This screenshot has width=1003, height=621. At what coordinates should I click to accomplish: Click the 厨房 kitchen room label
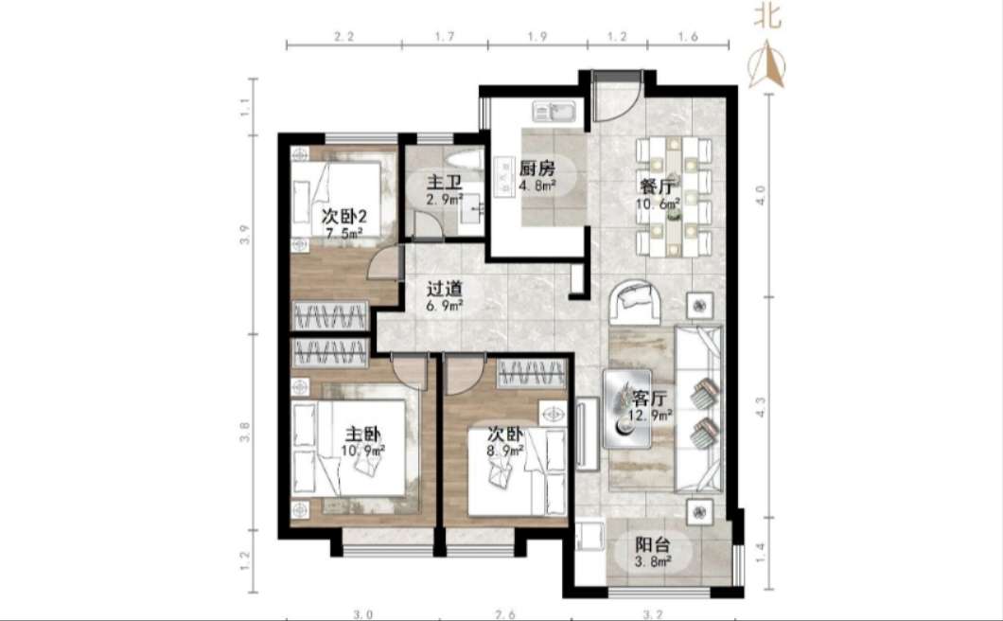click(x=537, y=169)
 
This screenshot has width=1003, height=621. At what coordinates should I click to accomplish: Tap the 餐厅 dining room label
click(x=657, y=187)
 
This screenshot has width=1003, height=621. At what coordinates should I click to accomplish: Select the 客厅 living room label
click(x=649, y=399)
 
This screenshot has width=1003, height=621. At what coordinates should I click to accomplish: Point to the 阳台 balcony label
click(x=653, y=545)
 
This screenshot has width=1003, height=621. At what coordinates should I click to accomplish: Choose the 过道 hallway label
click(x=445, y=290)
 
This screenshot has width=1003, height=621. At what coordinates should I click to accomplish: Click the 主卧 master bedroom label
click(x=362, y=435)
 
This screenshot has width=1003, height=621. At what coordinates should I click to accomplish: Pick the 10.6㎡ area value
click(x=658, y=204)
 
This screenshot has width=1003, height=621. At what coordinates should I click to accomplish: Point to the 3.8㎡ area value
click(x=653, y=561)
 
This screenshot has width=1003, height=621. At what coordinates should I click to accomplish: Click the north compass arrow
click(x=767, y=64)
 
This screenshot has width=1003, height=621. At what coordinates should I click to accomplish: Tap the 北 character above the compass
click(x=767, y=15)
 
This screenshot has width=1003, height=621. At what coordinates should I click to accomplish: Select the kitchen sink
click(x=555, y=113)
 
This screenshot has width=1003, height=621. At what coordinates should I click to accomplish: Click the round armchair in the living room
click(x=636, y=302)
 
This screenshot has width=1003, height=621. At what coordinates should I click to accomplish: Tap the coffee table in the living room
click(x=626, y=408)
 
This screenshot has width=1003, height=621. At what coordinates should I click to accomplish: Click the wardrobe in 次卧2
click(x=330, y=315)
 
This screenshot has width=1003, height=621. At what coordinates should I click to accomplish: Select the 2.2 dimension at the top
click(x=344, y=37)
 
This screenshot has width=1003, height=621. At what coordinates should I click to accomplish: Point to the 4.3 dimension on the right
click(x=760, y=406)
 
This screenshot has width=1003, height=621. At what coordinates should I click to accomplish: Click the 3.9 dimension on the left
click(x=244, y=235)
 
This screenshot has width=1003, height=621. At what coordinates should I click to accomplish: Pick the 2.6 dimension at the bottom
click(x=504, y=614)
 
